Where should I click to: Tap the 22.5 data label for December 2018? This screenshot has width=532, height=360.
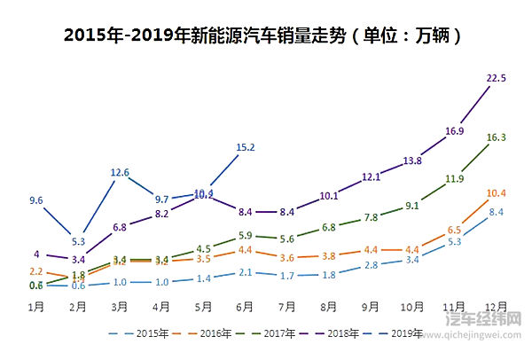coord(497,79)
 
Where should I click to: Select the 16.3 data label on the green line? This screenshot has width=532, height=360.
coord(497,137)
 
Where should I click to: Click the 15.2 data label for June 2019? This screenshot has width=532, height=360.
coord(246,147)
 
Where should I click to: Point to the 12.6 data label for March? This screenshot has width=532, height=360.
coord(121,172)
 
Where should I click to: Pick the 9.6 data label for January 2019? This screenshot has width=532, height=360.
coord(36,201)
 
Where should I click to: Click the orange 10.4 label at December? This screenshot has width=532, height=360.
coord(497,193)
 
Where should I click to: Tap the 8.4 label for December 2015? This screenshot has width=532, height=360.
coord(497,212)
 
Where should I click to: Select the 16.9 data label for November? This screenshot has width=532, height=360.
coord(455,131)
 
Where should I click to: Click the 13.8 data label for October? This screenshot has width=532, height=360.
coord(413,161)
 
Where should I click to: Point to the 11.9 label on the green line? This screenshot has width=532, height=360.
coord(455,179)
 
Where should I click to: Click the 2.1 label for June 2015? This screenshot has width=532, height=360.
coord(246,273)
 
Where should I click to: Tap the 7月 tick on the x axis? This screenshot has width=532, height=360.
coord(287,307)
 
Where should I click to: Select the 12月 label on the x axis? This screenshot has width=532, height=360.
coord(496,307)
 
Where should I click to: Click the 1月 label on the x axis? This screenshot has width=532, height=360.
coord(36,307)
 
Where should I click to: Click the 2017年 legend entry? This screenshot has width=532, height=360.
coord(275,334)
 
